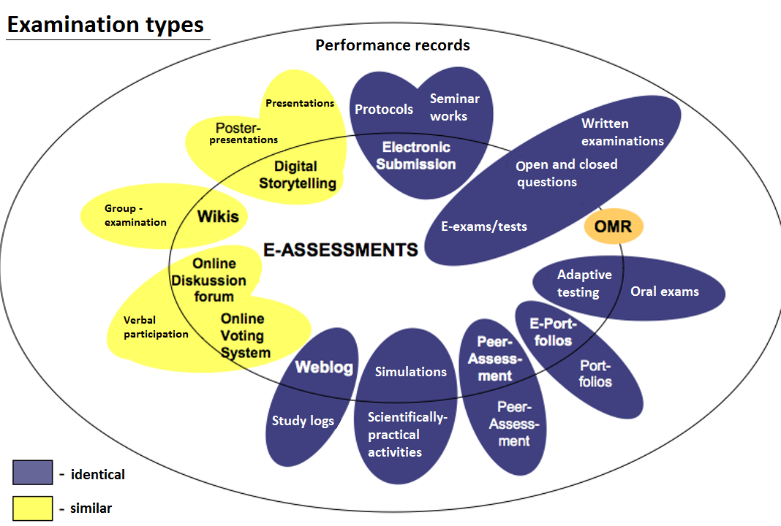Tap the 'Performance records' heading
click(393, 45)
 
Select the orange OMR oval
click(613, 226)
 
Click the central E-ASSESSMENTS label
click(341, 250)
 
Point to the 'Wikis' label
click(218, 216)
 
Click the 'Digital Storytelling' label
click(297, 175)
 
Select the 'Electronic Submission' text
click(416, 156)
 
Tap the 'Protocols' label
click(384, 110)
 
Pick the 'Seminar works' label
click(454, 107)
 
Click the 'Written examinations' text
click(622, 132)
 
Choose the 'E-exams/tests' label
click(484, 226)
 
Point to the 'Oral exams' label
click(665, 291)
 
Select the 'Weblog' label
click(324, 367)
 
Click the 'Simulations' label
click(411, 372)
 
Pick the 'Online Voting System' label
click(245, 336)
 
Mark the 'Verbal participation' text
click(155, 327)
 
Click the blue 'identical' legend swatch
click(32, 473)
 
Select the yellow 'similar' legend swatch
click(32, 508)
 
